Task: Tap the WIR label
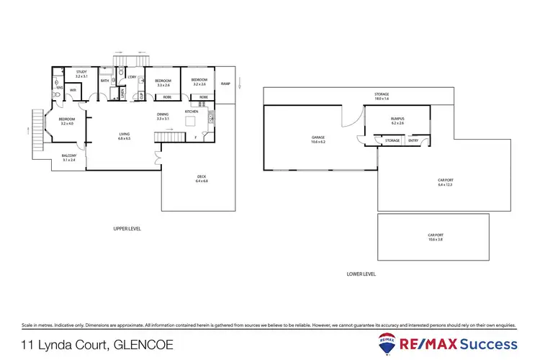[x=73, y=89]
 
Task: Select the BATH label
[x=104, y=81]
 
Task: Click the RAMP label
[x=225, y=85]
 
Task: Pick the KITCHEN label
[x=192, y=112]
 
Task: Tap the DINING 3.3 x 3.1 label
[x=163, y=117]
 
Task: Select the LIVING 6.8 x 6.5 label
[x=125, y=136]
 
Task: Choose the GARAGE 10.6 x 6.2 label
[x=318, y=139]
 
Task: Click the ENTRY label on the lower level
[x=413, y=140]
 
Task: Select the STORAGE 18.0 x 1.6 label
[x=381, y=96]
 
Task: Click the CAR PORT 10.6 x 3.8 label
[x=435, y=238]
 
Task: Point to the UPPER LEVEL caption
[x=127, y=228]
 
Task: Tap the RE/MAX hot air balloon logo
[x=389, y=343]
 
